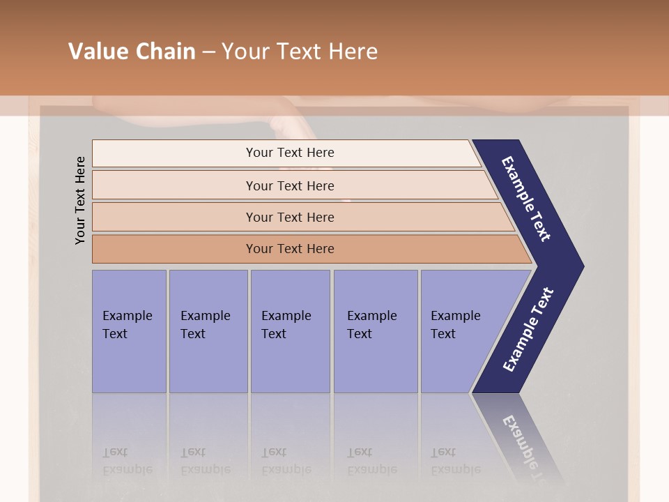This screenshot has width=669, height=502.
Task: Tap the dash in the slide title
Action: tap(208, 52)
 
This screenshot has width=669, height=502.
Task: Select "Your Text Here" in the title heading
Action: tap(300, 52)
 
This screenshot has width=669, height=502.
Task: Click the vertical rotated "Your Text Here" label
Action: tap(80, 201)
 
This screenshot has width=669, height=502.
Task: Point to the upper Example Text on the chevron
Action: tap(526, 199)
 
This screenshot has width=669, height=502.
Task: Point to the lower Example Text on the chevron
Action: tap(528, 329)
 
